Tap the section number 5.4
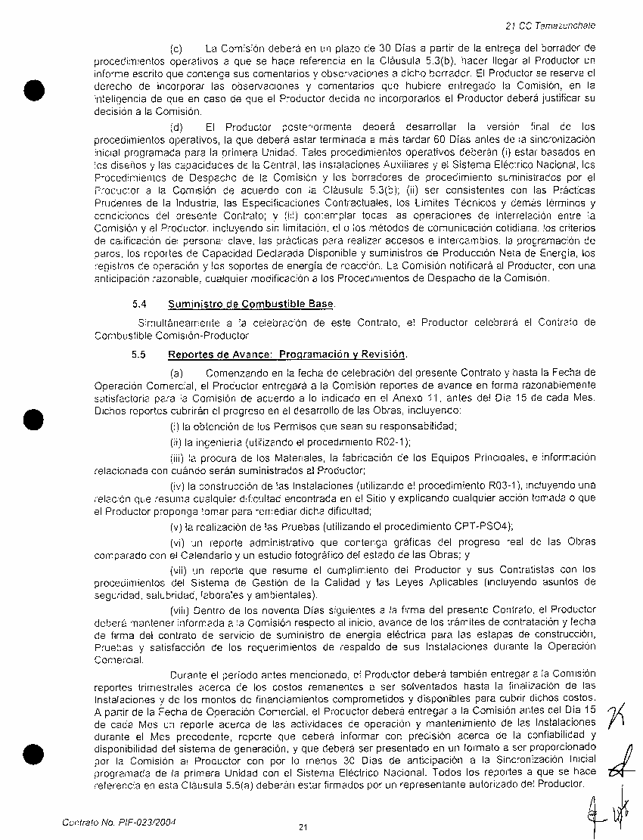(x=138, y=304)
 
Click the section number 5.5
(x=138, y=354)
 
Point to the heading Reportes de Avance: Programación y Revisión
(x=287, y=354)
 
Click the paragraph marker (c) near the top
(x=176, y=48)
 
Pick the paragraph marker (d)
(x=176, y=126)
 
